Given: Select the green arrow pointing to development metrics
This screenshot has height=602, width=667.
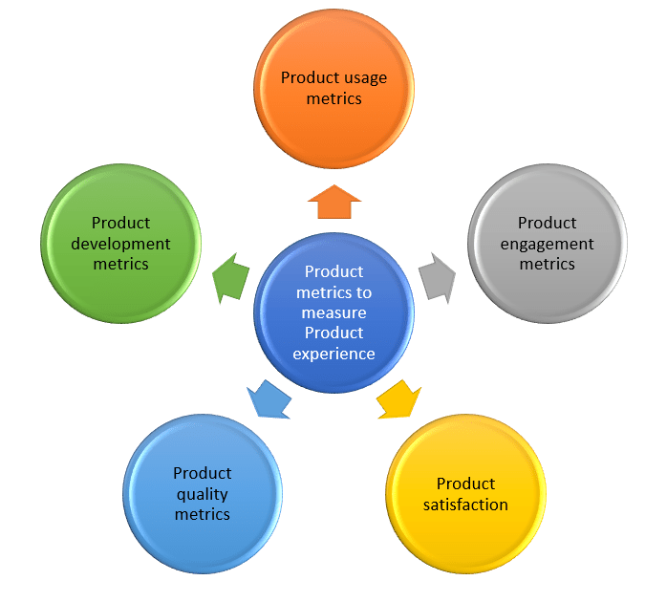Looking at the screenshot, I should pos(229,280).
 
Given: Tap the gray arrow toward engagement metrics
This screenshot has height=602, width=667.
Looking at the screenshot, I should pos(438,278).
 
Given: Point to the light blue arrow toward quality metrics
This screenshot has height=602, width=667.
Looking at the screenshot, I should pos(269,400).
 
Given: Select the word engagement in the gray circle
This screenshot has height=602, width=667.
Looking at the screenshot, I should pos(547,244).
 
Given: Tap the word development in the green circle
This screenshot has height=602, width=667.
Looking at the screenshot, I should pos(120,244).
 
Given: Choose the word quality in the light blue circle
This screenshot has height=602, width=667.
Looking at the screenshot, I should pos(202,494).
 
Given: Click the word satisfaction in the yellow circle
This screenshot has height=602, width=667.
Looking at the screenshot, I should pos(465,505).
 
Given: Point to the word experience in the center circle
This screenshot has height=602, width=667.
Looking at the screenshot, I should pos(333,354).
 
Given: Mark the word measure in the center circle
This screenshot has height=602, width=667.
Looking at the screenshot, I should pos(333,312).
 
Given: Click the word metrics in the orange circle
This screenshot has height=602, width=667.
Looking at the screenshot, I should pos(333,98).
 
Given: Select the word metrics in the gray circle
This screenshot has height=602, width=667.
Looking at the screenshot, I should pos(547,264).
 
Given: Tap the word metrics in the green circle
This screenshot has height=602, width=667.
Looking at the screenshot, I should pos(120,264).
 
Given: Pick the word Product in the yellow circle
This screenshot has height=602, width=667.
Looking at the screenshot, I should pos(465,484).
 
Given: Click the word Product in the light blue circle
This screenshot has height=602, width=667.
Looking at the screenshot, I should pos(202,473).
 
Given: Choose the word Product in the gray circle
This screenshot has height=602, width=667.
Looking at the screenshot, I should pos(547,223).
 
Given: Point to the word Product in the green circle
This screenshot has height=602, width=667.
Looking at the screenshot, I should pos(120,223).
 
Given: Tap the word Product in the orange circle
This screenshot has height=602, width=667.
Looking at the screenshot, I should pos(305,77).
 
